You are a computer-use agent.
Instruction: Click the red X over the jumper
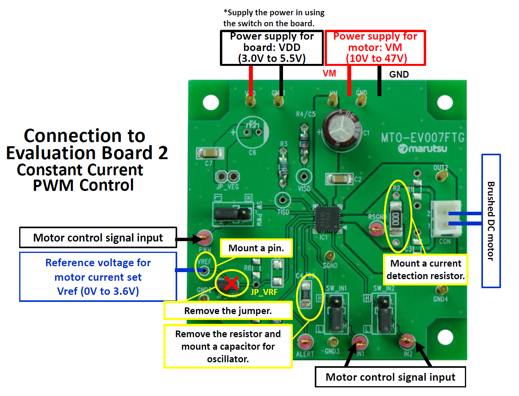[231, 283]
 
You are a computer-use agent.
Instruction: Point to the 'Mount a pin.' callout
[256, 248]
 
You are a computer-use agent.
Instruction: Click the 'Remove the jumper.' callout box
[228, 311]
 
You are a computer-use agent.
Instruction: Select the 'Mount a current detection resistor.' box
[425, 269]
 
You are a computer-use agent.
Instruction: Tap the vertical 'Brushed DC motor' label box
[491, 221]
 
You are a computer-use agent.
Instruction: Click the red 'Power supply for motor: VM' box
[375, 48]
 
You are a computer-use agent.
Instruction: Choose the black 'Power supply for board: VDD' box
[272, 48]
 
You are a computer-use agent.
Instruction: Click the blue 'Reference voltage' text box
[98, 277]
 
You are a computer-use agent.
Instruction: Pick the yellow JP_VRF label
[264, 292]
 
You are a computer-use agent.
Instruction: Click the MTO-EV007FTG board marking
[423, 138]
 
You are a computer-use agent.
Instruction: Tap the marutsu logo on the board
[423, 149]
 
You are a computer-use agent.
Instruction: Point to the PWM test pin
[204, 237]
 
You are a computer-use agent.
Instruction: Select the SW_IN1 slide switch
[336, 314]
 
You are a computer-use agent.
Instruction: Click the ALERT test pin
[305, 342]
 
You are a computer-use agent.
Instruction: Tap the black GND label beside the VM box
[399, 74]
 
